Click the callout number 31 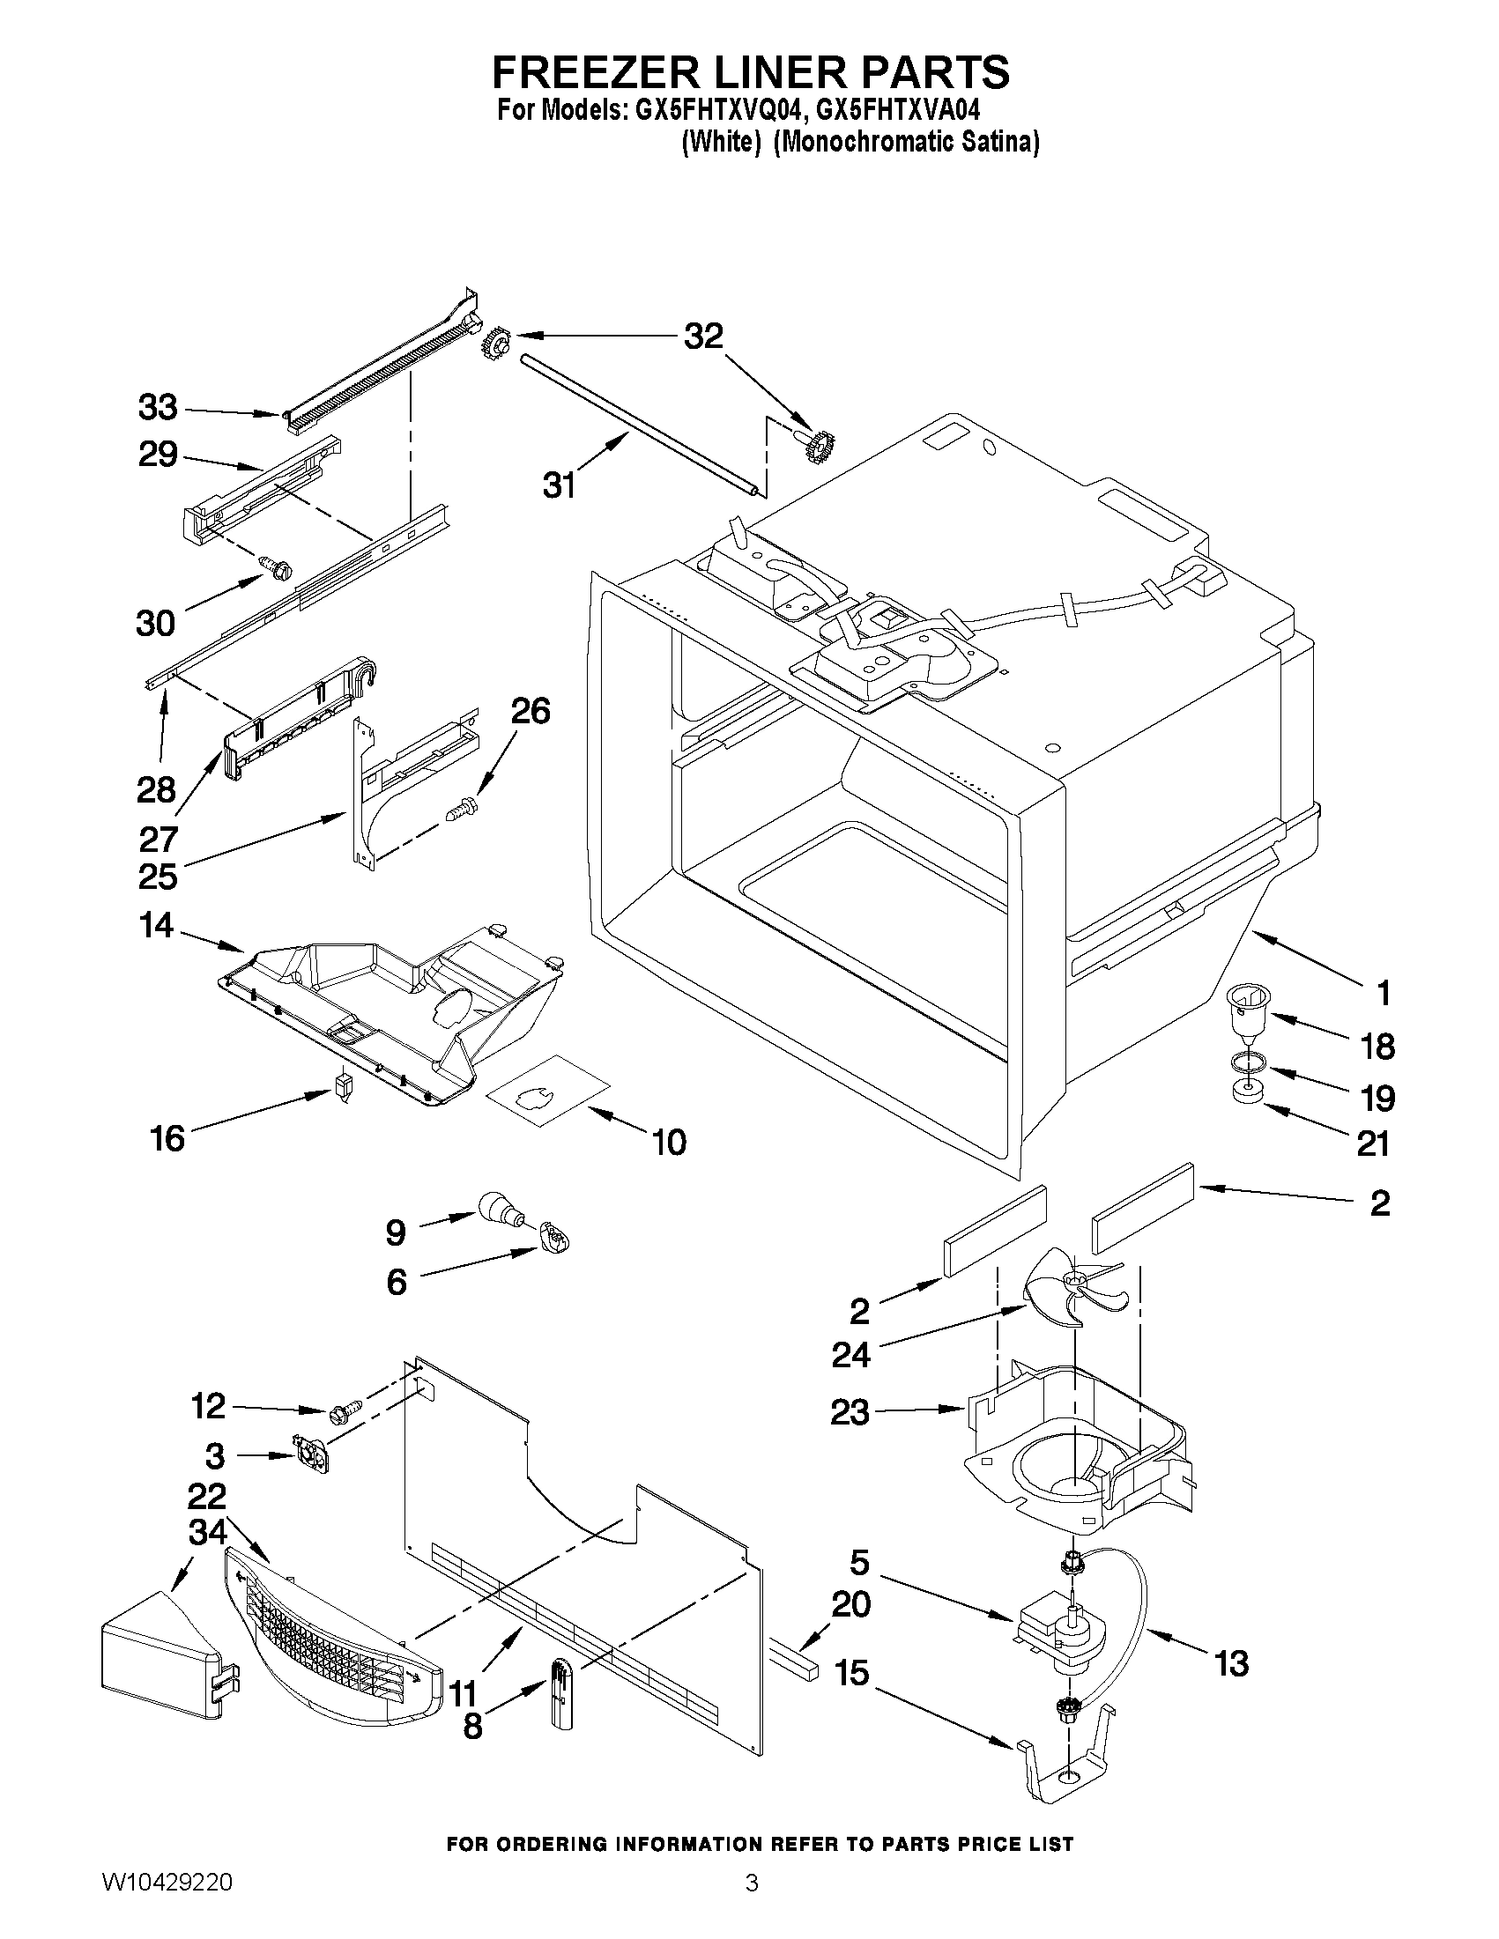(560, 485)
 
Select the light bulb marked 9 (499, 1210)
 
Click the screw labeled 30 (276, 566)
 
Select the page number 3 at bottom (752, 1907)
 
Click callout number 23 (849, 1411)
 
